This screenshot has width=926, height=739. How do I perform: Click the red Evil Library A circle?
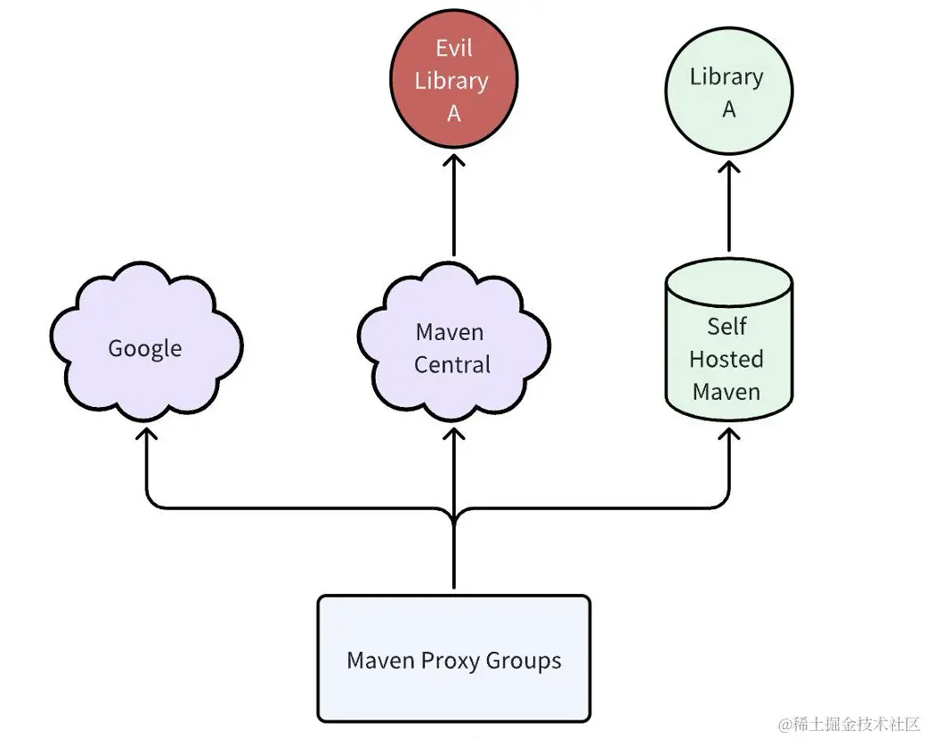point(454,80)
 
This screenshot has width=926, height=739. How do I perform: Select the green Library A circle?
point(728,93)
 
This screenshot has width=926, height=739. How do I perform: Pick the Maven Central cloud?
point(453,347)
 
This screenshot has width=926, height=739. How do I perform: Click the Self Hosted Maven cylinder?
point(728,347)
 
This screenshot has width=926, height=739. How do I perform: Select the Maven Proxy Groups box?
point(454,659)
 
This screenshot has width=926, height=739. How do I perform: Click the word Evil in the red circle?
point(454,47)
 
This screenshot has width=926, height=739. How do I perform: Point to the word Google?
point(145,348)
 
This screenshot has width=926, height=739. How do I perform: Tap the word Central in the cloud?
point(452,365)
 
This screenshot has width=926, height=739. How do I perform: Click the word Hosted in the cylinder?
point(727,360)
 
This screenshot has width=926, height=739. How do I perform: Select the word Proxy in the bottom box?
point(450,661)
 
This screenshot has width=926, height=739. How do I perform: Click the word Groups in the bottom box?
point(524,661)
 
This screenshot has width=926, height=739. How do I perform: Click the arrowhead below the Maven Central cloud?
point(454,435)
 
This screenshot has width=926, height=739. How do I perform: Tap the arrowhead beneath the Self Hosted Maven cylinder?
point(729,435)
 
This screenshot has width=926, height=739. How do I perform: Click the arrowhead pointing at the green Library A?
point(729,166)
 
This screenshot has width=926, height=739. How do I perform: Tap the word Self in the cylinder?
point(727,327)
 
